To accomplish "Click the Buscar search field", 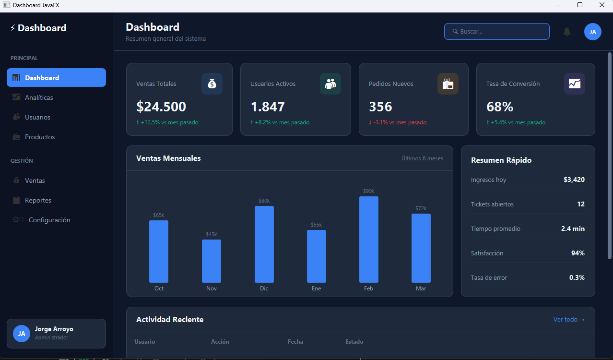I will click(496, 32).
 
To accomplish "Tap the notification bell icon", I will click(567, 32).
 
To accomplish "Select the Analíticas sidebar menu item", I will click(39, 97).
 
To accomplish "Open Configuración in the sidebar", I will click(49, 220).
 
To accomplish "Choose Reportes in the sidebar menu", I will click(38, 200).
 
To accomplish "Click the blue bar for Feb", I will click(368, 240).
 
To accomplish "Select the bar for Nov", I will click(211, 261).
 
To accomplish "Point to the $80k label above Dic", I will click(264, 201).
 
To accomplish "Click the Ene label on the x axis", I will click(316, 288).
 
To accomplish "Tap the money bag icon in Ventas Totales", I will click(212, 84).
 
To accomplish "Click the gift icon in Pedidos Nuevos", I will click(448, 84).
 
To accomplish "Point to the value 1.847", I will click(268, 107).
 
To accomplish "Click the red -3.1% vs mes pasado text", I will click(398, 122).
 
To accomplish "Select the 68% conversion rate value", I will click(500, 107).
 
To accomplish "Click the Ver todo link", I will click(569, 320).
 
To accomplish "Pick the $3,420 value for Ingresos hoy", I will click(574, 180).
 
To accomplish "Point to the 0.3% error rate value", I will click(577, 277).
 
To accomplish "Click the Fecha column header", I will click(295, 342).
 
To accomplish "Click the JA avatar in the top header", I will click(592, 32).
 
